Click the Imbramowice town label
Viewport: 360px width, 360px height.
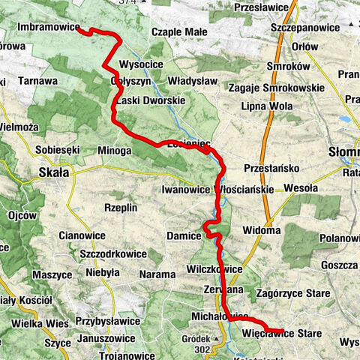(x=48, y=27)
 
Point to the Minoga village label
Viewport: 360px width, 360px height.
(x=114, y=151)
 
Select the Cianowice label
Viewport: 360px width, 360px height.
(x=80, y=235)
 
